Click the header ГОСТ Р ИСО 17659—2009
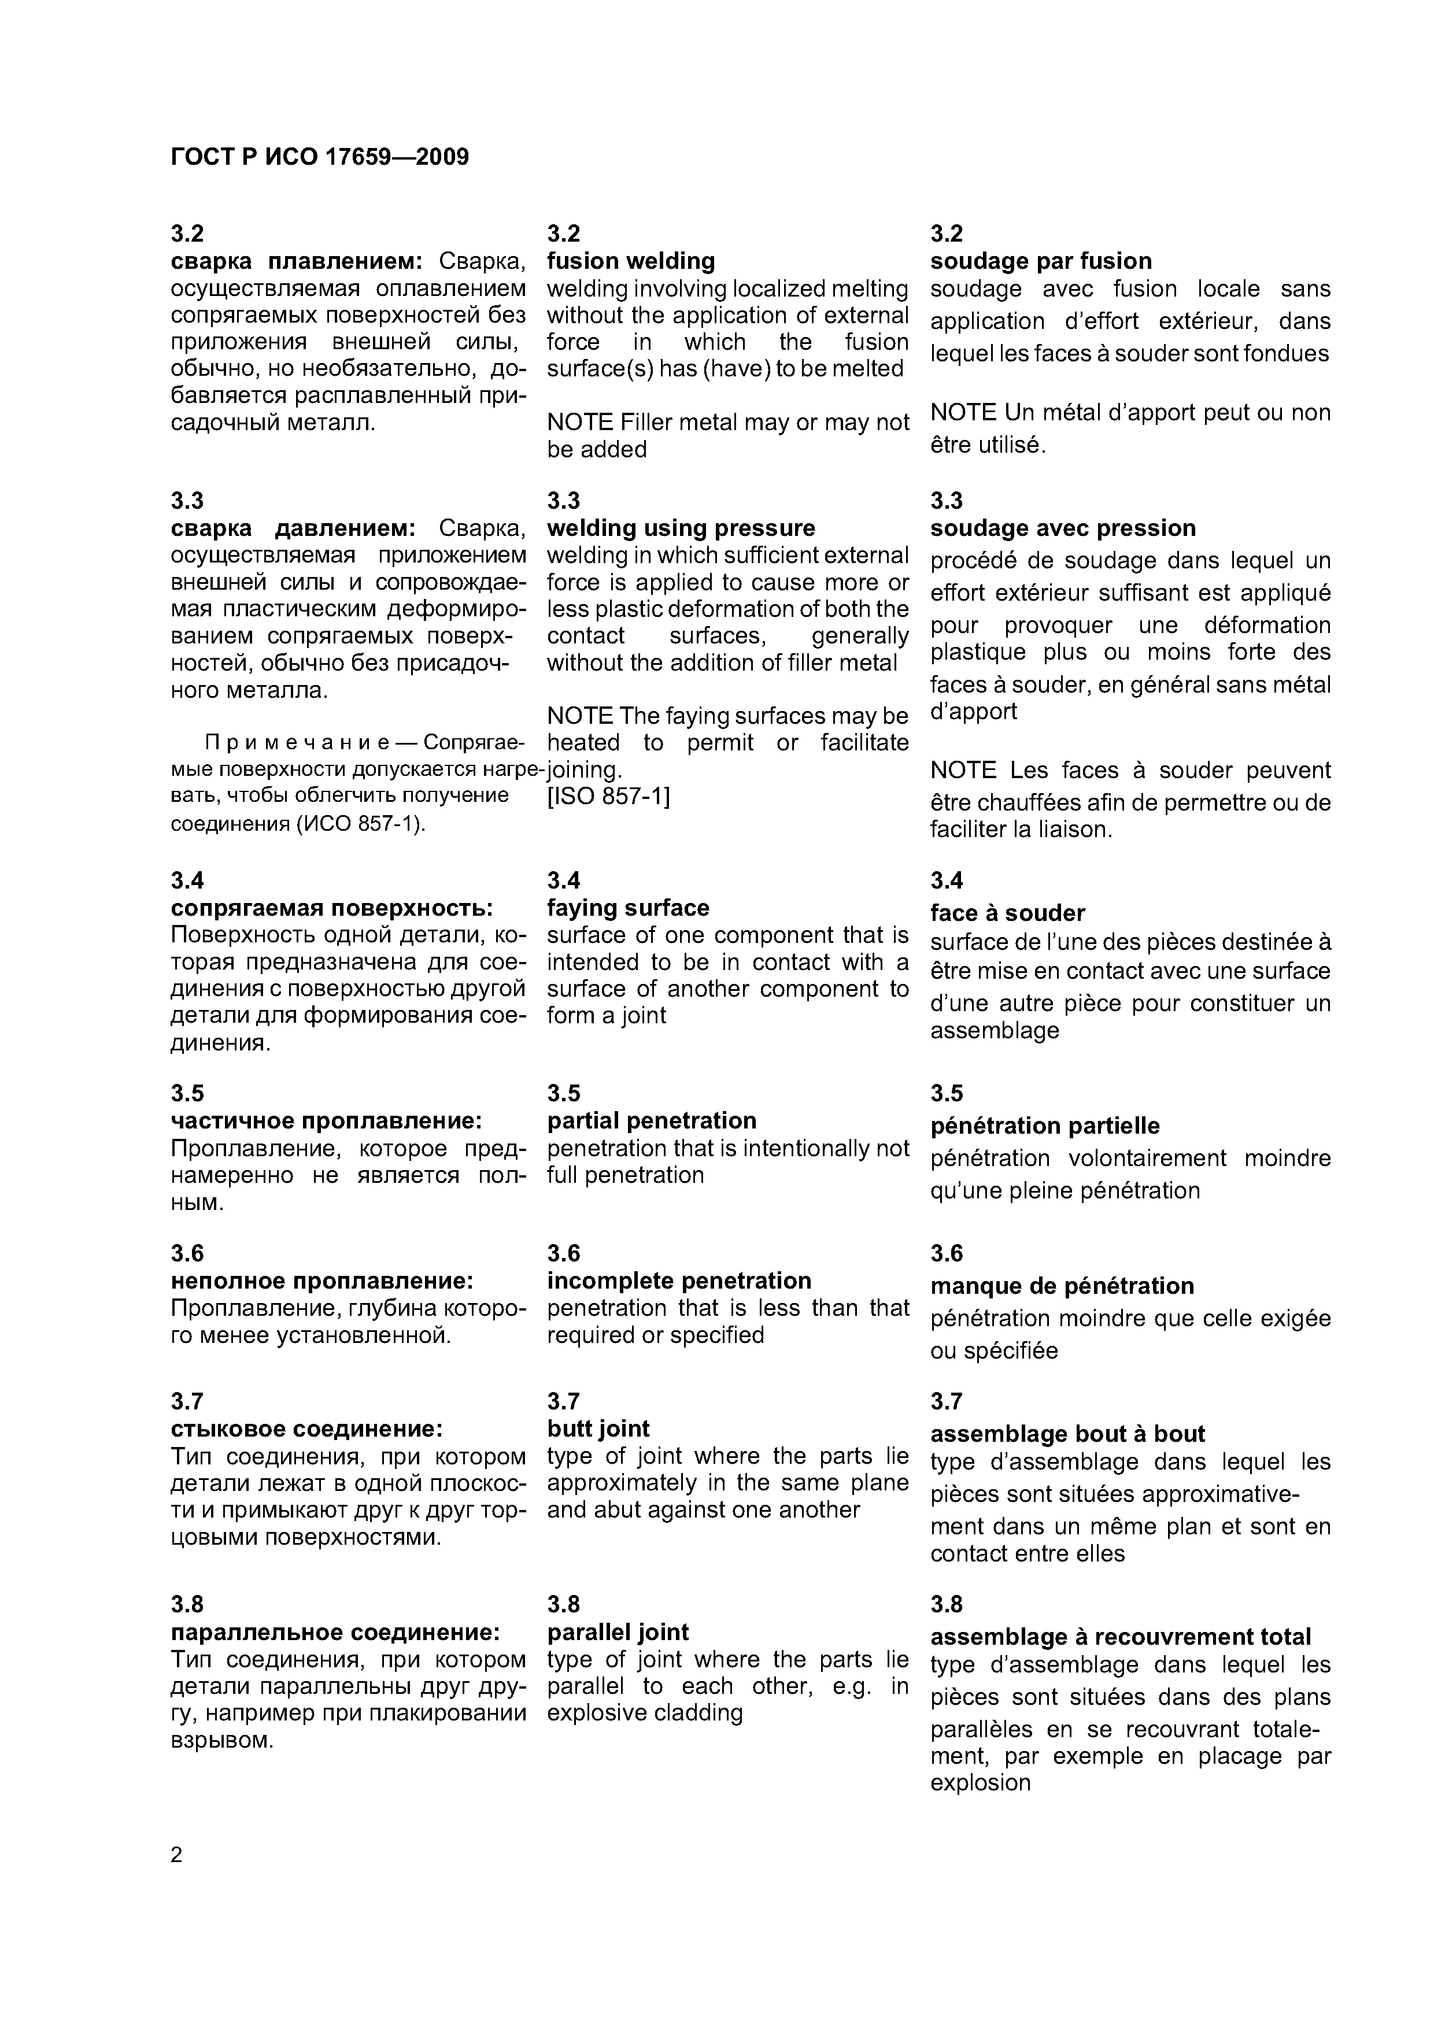[319, 157]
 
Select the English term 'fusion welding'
[631, 261]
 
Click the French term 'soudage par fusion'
[1041, 261]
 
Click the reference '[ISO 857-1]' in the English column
[609, 796]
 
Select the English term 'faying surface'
[628, 908]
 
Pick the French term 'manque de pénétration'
[1062, 1286]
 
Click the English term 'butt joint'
[598, 1429]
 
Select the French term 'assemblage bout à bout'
[1067, 1434]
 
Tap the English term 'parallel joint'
[618, 1633]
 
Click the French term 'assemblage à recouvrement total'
[1121, 1637]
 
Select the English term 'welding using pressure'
[681, 528]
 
